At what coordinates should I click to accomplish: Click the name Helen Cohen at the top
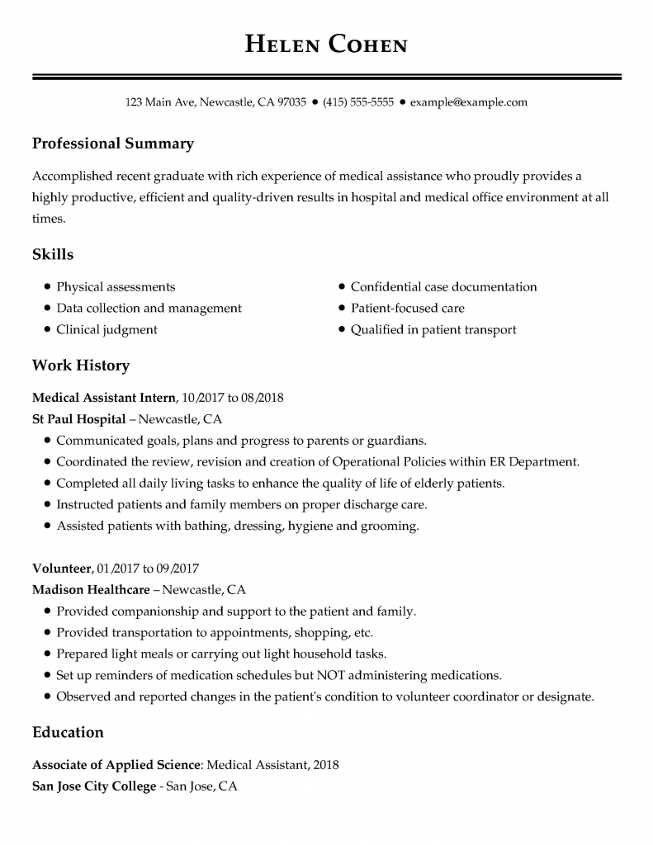pos(326,44)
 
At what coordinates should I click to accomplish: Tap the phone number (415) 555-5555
pos(358,102)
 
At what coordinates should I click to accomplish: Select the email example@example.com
pos(468,102)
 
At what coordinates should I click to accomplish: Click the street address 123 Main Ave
pos(160,102)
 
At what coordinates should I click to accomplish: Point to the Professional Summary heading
pos(112,144)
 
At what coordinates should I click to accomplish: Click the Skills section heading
pos(53,254)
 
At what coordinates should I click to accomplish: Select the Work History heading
pos(80,365)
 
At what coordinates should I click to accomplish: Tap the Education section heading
pos(68,732)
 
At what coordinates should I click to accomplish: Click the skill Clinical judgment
pos(106,329)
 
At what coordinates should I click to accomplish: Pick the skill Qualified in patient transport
pos(433,329)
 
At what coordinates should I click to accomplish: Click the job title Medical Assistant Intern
pos(104,397)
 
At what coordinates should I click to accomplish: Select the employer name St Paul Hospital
pos(78,418)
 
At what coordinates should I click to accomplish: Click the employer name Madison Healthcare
pos(91,590)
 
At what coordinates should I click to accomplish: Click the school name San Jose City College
pos(93,786)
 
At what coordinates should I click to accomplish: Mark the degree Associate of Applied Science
pos(116,765)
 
